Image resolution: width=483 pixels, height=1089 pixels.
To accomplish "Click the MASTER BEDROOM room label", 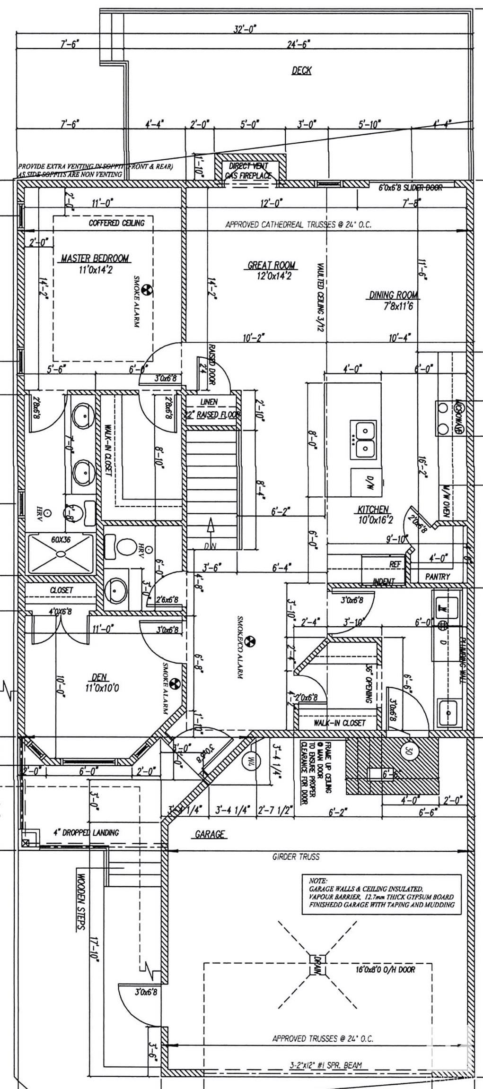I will coord(95,259).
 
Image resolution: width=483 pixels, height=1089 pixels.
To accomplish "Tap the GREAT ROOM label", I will coord(272,265).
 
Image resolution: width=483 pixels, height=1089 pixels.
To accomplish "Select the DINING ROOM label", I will coord(394,295).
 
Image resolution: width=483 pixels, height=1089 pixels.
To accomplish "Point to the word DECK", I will coord(301,70).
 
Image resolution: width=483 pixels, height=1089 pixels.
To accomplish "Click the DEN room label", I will coord(99,678).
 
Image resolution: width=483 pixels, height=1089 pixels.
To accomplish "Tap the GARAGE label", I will coord(210,834).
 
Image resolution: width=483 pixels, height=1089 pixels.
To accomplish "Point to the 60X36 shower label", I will coord(60,539).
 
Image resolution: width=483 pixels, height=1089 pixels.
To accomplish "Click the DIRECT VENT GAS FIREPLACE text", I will coord(248,171).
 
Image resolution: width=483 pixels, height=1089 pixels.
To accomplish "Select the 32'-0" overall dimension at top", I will coord(245,30).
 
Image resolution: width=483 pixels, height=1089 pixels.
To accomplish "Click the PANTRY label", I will coord(438,577).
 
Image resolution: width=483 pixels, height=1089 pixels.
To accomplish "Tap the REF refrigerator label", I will coord(395,564).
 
